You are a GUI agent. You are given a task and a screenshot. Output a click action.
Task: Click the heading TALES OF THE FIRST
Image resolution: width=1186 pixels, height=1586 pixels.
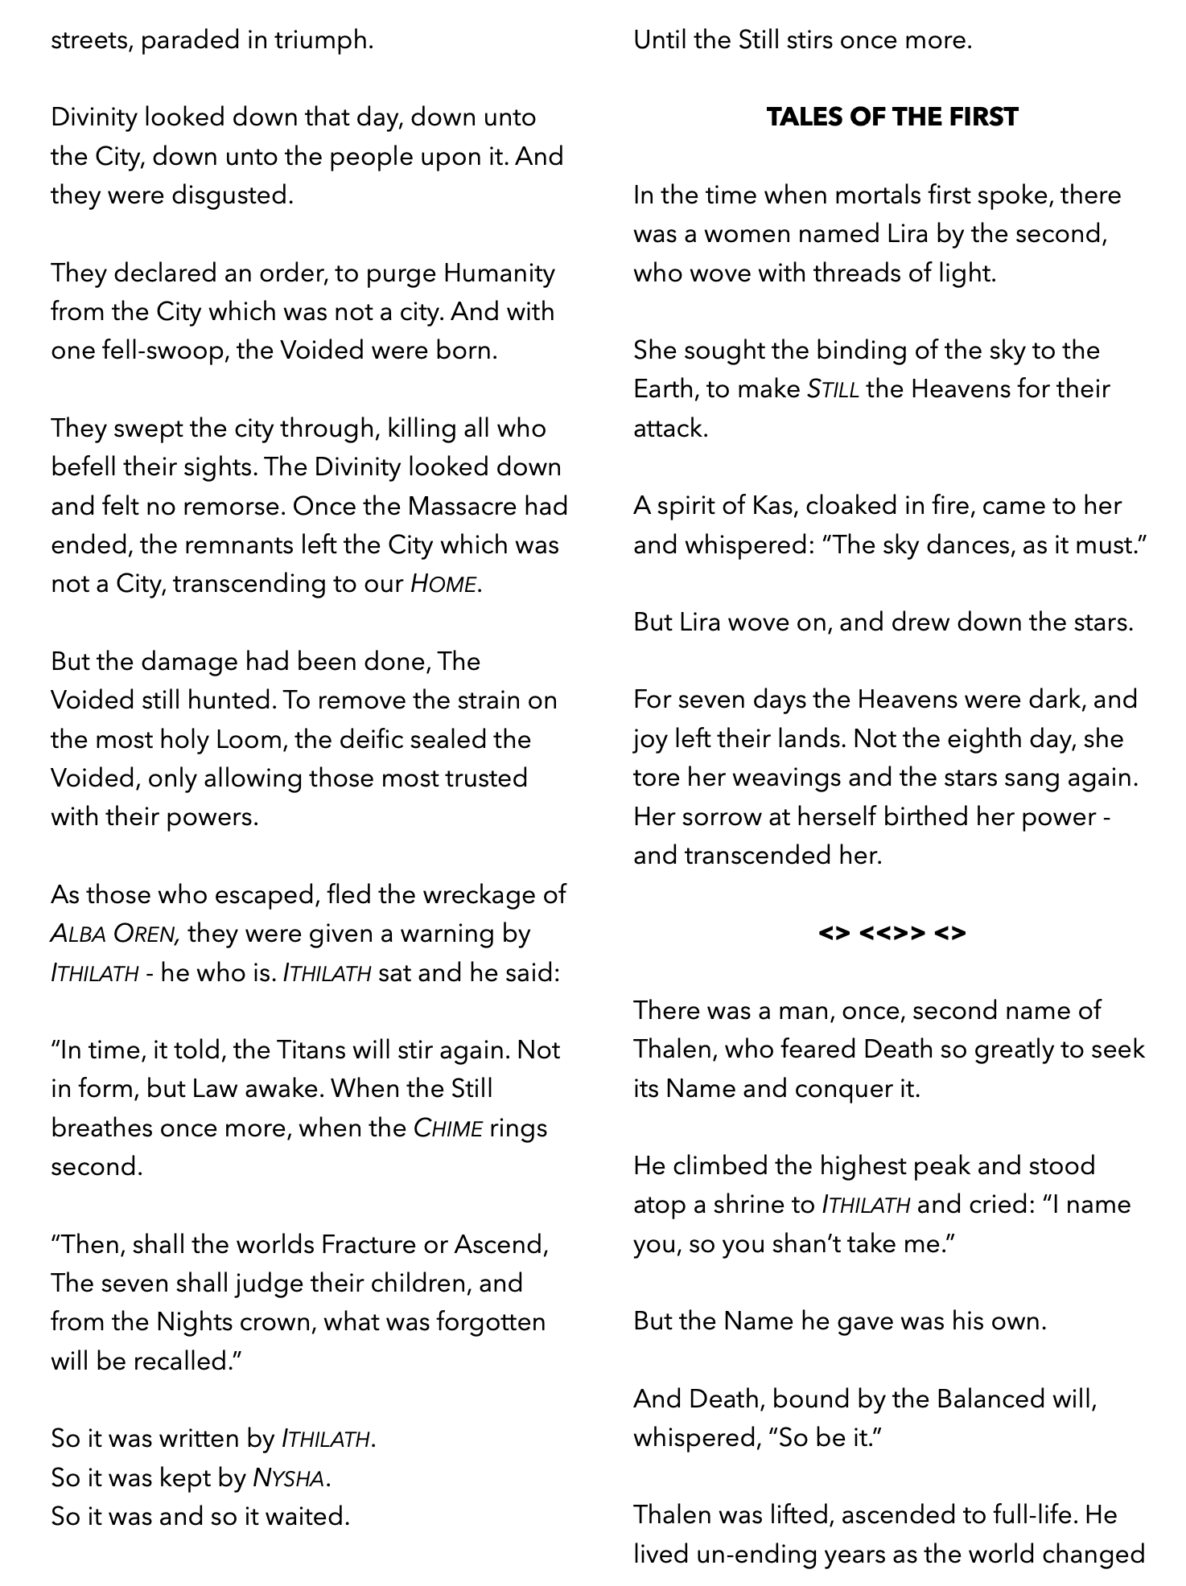pos(892,117)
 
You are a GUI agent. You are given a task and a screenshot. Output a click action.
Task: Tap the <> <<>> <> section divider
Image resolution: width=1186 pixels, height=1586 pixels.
pos(892,933)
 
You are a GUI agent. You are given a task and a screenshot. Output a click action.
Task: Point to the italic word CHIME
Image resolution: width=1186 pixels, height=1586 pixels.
pos(447,1128)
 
